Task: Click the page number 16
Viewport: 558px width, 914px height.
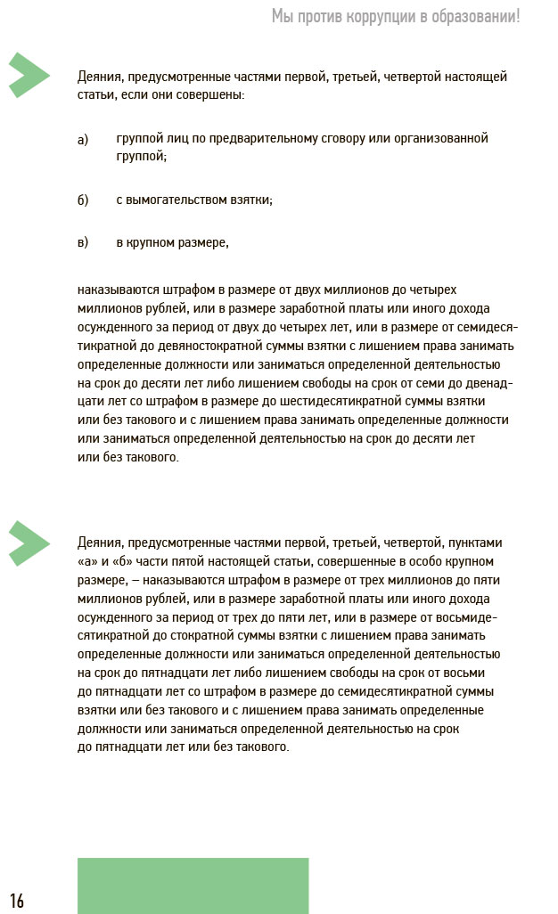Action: click(17, 901)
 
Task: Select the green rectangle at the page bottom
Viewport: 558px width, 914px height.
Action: click(193, 885)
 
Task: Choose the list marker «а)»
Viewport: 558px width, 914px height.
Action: click(84, 139)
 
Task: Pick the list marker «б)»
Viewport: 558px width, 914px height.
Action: click(84, 200)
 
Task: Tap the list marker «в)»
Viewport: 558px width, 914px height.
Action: click(84, 242)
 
